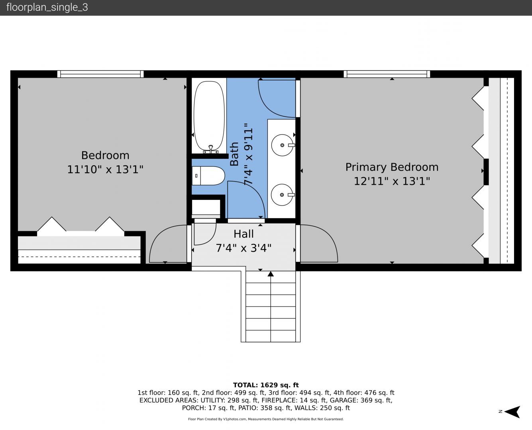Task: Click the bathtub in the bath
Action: point(209,116)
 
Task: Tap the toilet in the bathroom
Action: point(208,176)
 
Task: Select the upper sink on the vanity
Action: point(283,145)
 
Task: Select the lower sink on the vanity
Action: point(282,195)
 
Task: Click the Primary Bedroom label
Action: point(392,167)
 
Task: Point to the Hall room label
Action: point(243,234)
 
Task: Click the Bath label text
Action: point(234,154)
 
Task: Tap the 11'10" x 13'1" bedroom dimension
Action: point(105,170)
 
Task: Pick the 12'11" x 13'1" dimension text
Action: point(392,181)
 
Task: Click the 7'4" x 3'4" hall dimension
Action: point(243,248)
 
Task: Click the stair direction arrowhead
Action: point(271,274)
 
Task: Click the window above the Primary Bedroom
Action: point(387,74)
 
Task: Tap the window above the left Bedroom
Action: point(100,74)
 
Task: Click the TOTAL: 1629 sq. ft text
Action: point(266,385)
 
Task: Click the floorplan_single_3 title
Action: point(47,8)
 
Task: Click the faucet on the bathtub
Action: point(211,149)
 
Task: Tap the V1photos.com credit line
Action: point(266,419)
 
